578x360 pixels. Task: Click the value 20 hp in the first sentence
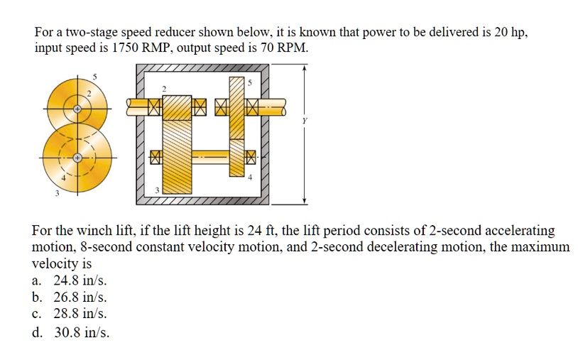click(x=511, y=33)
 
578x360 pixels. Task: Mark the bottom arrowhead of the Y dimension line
click(x=305, y=200)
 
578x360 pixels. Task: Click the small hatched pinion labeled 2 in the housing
click(x=178, y=107)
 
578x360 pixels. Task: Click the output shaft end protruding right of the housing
click(x=278, y=108)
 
